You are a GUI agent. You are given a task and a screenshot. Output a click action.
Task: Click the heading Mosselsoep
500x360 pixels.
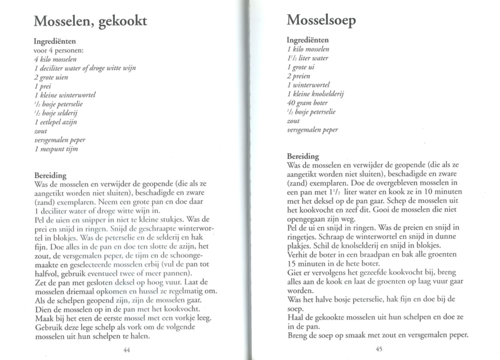click(x=322, y=21)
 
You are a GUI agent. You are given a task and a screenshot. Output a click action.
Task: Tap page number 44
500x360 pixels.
click(x=127, y=349)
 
